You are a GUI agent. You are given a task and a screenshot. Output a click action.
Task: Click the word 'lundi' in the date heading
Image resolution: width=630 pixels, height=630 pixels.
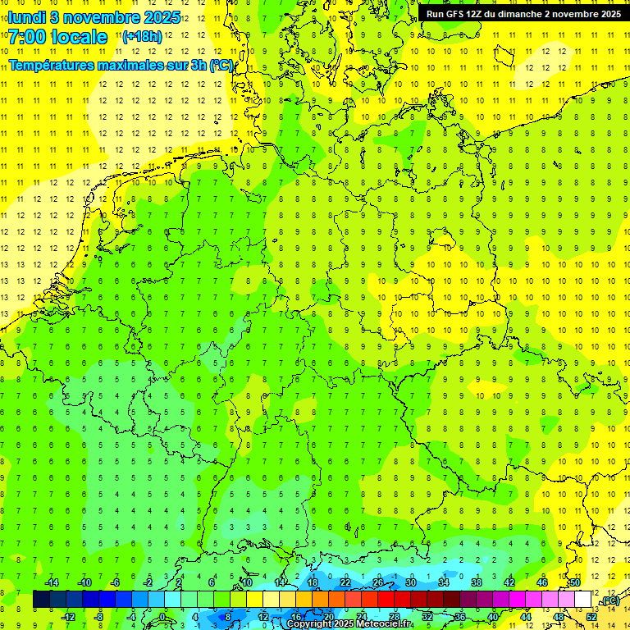pyautogui.click(x=25, y=17)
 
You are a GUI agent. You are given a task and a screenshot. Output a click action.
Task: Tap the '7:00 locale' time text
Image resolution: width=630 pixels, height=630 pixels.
pyautogui.click(x=58, y=37)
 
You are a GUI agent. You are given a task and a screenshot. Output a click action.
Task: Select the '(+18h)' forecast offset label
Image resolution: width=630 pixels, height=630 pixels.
pyautogui.click(x=142, y=37)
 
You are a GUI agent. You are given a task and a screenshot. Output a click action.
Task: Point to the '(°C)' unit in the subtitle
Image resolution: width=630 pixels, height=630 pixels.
pyautogui.click(x=221, y=65)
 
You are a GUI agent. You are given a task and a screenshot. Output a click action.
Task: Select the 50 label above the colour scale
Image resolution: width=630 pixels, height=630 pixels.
pyautogui.click(x=575, y=582)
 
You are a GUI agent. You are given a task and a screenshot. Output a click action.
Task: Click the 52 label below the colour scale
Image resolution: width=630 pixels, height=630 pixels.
pyautogui.click(x=591, y=617)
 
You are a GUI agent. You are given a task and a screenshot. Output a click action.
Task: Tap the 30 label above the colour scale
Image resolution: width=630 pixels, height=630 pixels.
pyautogui.click(x=411, y=582)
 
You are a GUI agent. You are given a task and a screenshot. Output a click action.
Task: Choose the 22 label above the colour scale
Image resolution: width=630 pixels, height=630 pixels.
pyautogui.click(x=345, y=582)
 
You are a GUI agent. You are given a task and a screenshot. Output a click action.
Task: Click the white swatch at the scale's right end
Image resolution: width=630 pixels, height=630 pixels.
pyautogui.click(x=583, y=600)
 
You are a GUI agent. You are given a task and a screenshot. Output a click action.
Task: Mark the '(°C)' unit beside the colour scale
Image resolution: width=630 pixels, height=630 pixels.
pyautogui.click(x=609, y=601)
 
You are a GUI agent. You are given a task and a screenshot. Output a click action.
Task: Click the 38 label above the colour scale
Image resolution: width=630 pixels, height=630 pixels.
pyautogui.click(x=477, y=582)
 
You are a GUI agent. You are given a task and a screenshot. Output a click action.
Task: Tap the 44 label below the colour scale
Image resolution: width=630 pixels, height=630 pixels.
pyautogui.click(x=526, y=617)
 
